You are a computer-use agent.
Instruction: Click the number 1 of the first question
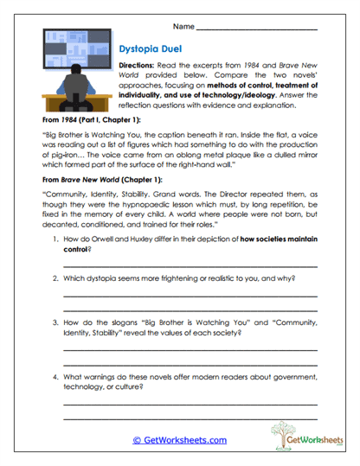tap(55, 239)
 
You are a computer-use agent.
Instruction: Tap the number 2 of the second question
tap(55, 279)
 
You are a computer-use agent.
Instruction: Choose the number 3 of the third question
tap(55, 320)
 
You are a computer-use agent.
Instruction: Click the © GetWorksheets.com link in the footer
tap(180, 440)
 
